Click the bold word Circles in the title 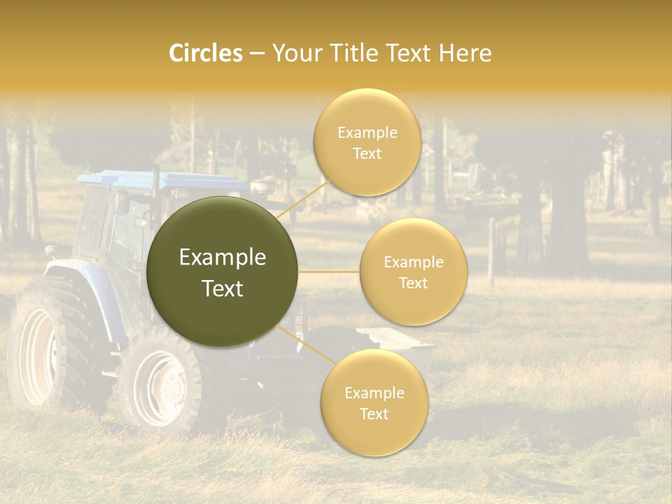[x=206, y=53]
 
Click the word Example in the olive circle [x=223, y=258]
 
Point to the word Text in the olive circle [x=223, y=288]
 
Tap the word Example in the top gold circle [x=367, y=133]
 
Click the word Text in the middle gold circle [x=414, y=283]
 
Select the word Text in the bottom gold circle [x=374, y=414]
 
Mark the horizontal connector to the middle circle [x=329, y=272]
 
